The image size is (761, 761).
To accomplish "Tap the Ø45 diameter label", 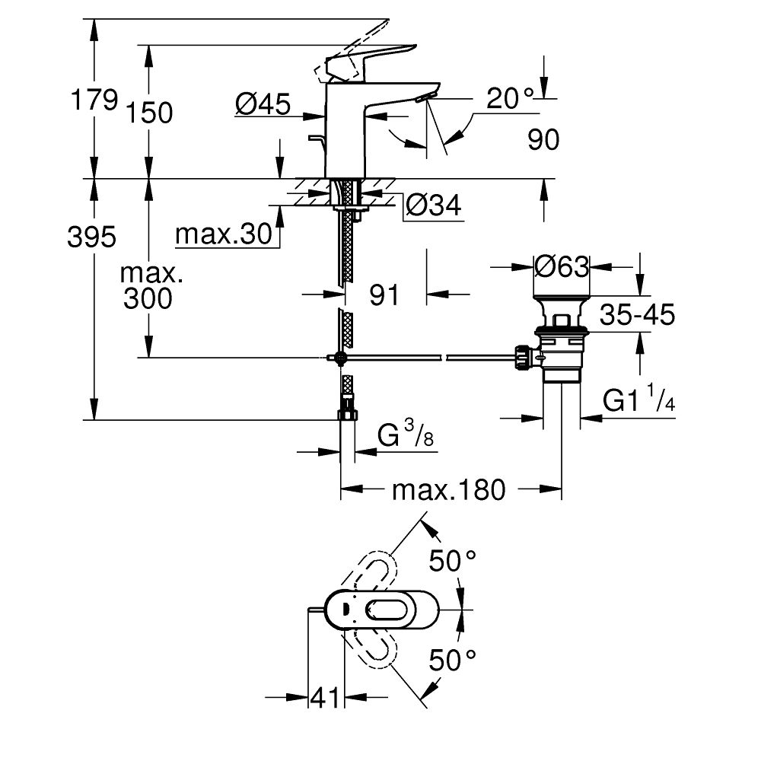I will (263, 106).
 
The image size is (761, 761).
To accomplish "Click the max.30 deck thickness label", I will (223, 235).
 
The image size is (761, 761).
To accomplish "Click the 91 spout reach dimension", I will (384, 295).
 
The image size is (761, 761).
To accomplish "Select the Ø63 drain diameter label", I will (562, 266).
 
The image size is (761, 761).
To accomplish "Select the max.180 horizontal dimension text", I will (448, 491).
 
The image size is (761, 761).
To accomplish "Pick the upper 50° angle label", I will (454, 562).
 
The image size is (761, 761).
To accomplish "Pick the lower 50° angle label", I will (454, 659).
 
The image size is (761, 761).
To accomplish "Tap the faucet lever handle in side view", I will (365, 61).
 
